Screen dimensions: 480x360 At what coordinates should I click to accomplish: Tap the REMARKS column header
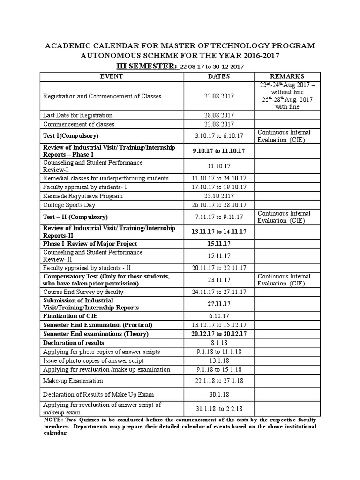(x=287, y=76)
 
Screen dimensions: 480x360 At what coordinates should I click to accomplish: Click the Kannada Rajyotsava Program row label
(x=83, y=195)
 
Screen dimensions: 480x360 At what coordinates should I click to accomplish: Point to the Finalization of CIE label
(x=71, y=316)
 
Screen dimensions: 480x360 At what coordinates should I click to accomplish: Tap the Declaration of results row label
(x=74, y=343)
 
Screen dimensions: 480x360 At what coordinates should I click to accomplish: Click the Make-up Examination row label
(x=73, y=381)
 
